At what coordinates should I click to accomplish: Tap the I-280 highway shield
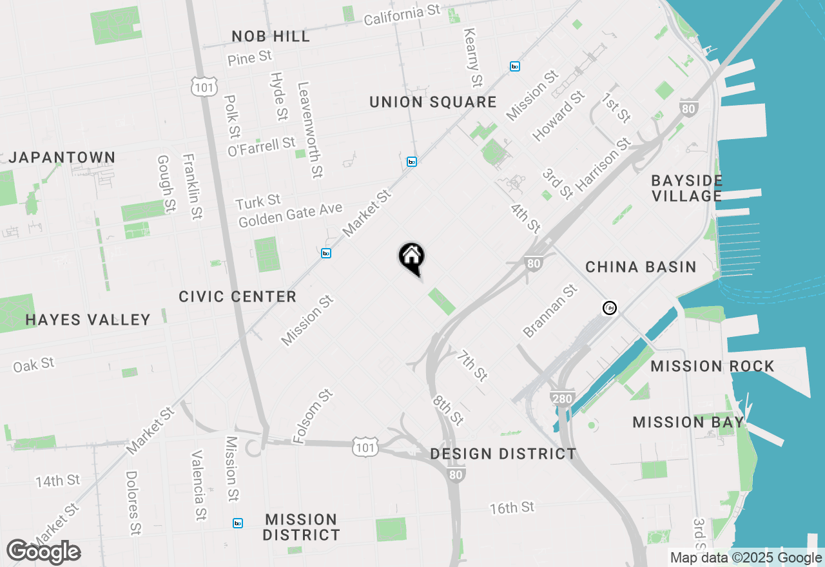coord(562,399)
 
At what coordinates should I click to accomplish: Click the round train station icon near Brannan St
coord(609,308)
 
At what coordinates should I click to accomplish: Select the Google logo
coord(43,552)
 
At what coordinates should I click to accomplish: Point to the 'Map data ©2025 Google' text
coord(746,558)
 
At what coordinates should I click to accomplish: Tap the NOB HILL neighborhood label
coord(271,37)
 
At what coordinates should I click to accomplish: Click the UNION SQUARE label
coord(433,102)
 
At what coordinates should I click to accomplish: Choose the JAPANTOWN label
coord(62,158)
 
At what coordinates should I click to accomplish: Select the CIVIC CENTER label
coord(237,297)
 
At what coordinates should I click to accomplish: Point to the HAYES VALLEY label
coord(88,320)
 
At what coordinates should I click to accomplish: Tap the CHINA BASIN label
coord(641,267)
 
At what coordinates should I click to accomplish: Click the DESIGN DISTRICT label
coord(503,454)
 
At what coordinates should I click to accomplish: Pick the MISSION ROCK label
coord(712,367)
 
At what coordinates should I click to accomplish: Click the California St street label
coord(402,15)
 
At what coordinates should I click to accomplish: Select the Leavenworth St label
coord(309,130)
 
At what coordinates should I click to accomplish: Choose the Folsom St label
coord(313,416)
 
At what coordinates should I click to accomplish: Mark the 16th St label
coord(512,508)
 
